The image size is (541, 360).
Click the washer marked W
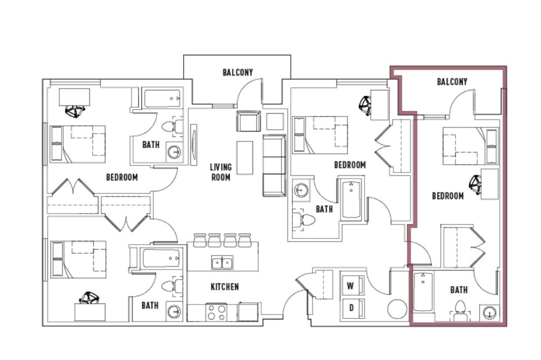(x=352, y=286)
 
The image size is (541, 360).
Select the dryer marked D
(x=352, y=308)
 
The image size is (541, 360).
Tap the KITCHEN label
(x=225, y=287)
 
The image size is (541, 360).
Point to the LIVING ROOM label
(x=221, y=172)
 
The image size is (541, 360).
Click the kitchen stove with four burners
(x=216, y=312)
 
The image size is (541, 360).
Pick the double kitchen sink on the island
(x=222, y=263)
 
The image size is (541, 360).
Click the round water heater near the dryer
(x=397, y=309)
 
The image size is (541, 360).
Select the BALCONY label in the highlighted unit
(x=452, y=82)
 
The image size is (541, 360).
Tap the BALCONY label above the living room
(x=237, y=73)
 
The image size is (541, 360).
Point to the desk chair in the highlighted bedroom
(x=475, y=185)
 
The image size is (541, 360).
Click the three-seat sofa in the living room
(x=274, y=165)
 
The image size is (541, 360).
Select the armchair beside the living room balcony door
(x=249, y=121)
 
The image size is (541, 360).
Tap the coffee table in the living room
(x=245, y=158)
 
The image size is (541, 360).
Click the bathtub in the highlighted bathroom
(x=423, y=292)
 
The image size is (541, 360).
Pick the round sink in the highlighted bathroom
(x=489, y=313)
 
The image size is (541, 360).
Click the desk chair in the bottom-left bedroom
(x=89, y=298)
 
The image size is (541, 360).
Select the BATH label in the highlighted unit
(x=459, y=290)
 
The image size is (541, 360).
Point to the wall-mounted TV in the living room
(x=194, y=145)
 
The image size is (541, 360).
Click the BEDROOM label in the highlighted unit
(x=448, y=196)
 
